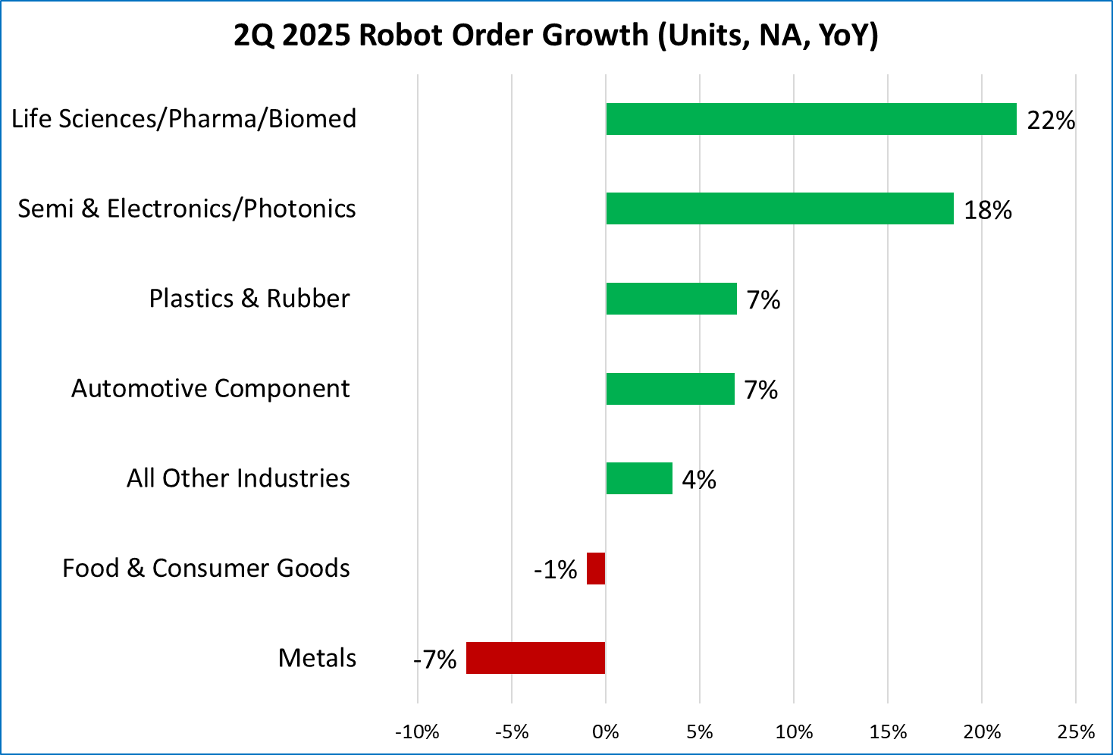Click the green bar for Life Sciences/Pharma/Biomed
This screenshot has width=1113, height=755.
810,119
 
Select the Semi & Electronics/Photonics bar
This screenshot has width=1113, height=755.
779,208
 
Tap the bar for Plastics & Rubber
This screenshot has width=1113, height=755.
671,299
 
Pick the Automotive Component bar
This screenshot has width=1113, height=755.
670,389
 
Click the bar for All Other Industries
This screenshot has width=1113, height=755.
639,478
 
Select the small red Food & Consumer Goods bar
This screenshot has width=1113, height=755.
596,569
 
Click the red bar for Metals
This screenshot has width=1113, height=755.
535,658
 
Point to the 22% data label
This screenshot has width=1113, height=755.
1051,121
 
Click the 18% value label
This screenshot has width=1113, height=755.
987,210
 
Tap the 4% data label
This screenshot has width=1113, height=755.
699,480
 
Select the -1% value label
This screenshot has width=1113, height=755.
555,570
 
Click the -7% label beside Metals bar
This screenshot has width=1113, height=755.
434,659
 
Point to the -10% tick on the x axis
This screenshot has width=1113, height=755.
418,732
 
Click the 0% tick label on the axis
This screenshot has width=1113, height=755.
606,732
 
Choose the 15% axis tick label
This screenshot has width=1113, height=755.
888,732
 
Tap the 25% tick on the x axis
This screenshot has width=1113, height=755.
1076,732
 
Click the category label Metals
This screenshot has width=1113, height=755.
317,658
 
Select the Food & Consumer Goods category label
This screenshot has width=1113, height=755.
205,569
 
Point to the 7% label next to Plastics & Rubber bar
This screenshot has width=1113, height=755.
763,300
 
